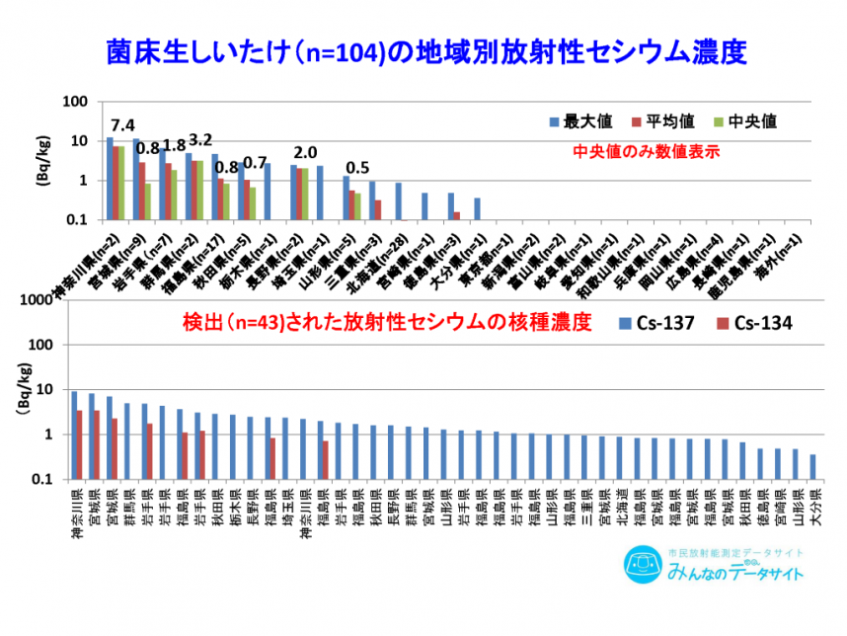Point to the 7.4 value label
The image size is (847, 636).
(x=122, y=125)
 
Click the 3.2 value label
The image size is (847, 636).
(x=200, y=139)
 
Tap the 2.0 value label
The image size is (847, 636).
(x=305, y=152)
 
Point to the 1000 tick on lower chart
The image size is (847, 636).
(x=51, y=300)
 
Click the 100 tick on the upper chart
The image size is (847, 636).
(x=77, y=102)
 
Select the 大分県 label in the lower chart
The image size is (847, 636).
(x=812, y=507)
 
